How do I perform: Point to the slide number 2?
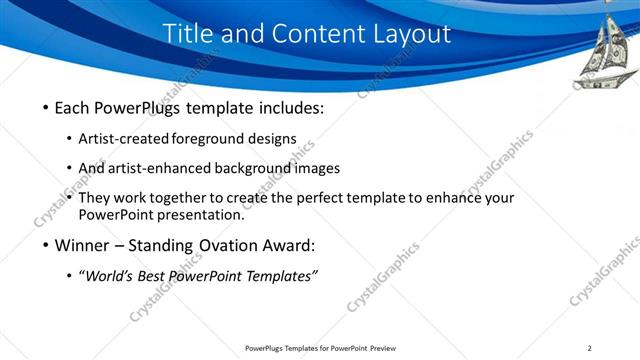(x=589, y=348)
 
